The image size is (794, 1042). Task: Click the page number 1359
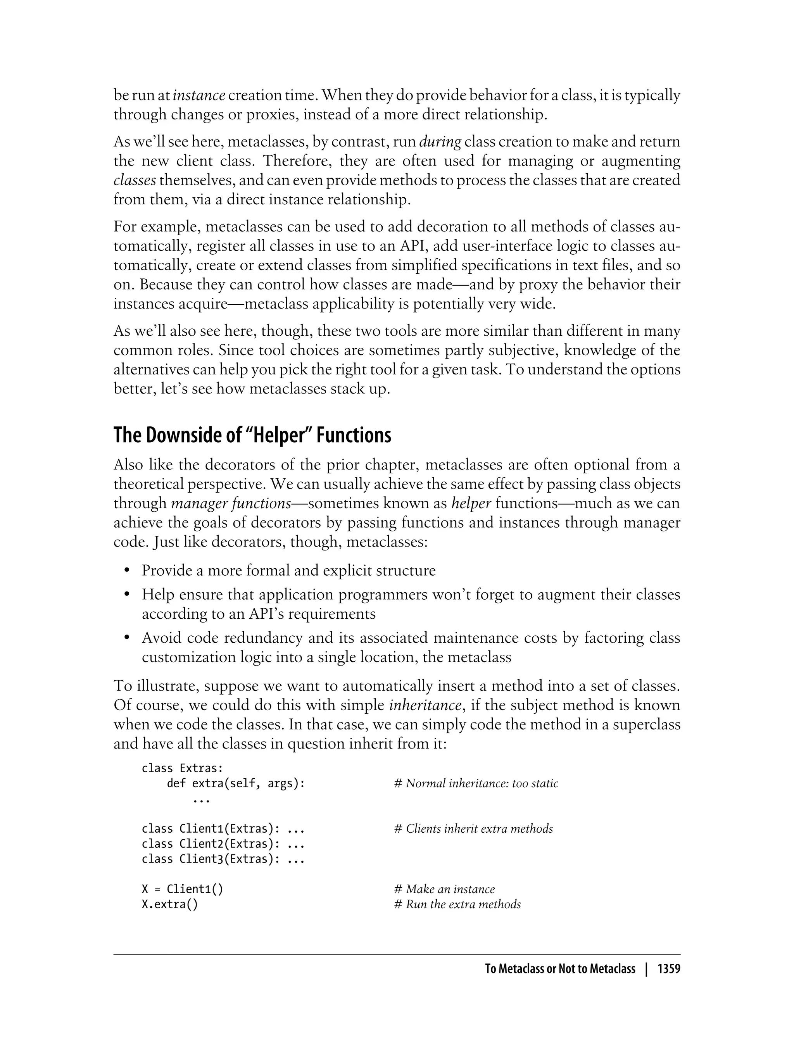668,969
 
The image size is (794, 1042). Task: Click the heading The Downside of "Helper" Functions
252,435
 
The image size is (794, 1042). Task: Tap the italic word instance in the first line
198,95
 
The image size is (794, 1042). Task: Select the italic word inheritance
425,705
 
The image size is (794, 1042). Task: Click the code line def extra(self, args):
236,783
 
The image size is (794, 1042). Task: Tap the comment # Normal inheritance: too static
476,783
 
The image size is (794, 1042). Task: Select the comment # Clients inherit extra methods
473,829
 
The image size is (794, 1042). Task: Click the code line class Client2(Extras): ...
223,844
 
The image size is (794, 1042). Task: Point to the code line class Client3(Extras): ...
223,859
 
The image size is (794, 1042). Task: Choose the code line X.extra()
170,904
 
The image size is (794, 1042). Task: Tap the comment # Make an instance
444,889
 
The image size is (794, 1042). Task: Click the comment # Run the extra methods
457,904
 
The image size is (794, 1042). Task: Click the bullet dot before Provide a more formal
127,571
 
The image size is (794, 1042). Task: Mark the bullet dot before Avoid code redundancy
127,638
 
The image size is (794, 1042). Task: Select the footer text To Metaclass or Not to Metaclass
560,969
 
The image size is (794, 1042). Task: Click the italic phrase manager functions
231,503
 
